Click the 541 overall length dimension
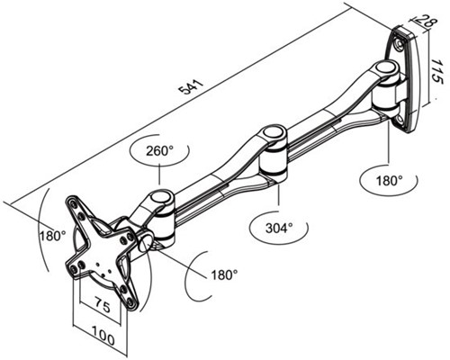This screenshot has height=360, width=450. coord(191,86)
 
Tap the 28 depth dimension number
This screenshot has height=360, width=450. coord(424,21)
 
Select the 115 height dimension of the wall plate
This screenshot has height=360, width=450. coord(436,71)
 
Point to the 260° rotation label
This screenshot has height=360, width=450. coord(159,151)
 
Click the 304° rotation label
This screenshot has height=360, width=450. coord(279,229)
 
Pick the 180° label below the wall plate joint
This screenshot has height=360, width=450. coord(389,181)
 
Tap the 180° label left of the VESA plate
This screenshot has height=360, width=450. coord(53,236)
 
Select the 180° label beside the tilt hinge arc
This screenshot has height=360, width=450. coord(224,274)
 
